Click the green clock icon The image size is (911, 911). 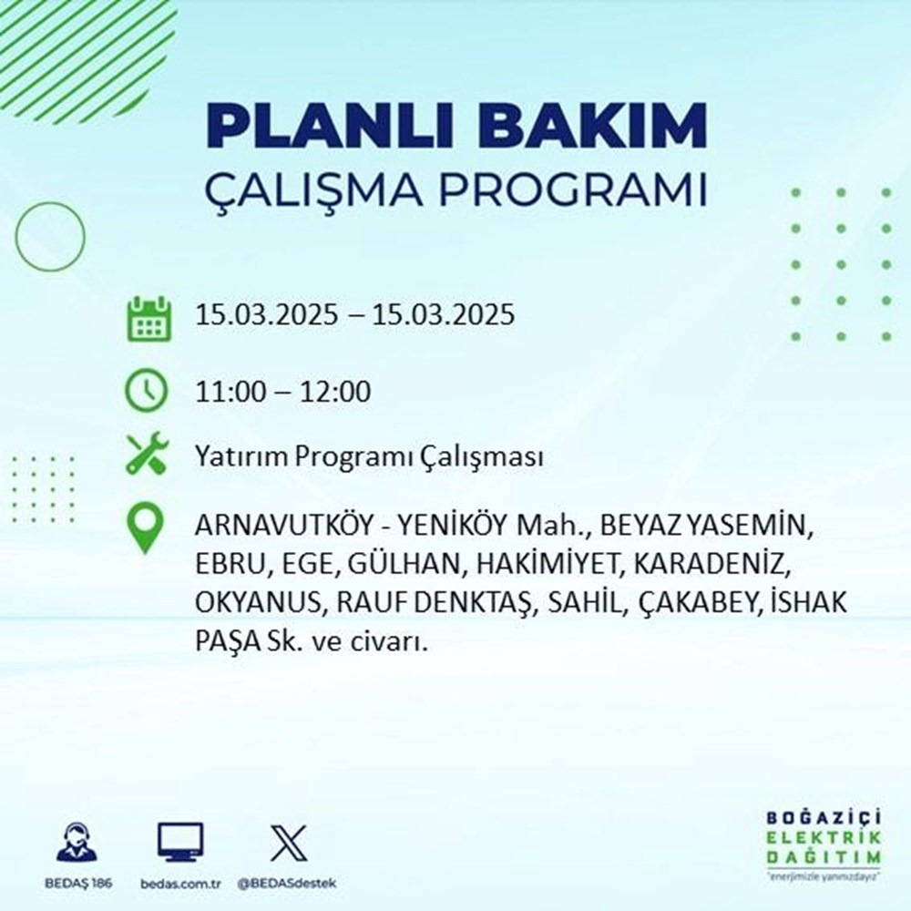146,392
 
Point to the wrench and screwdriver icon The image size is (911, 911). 146,455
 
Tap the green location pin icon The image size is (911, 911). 146,530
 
